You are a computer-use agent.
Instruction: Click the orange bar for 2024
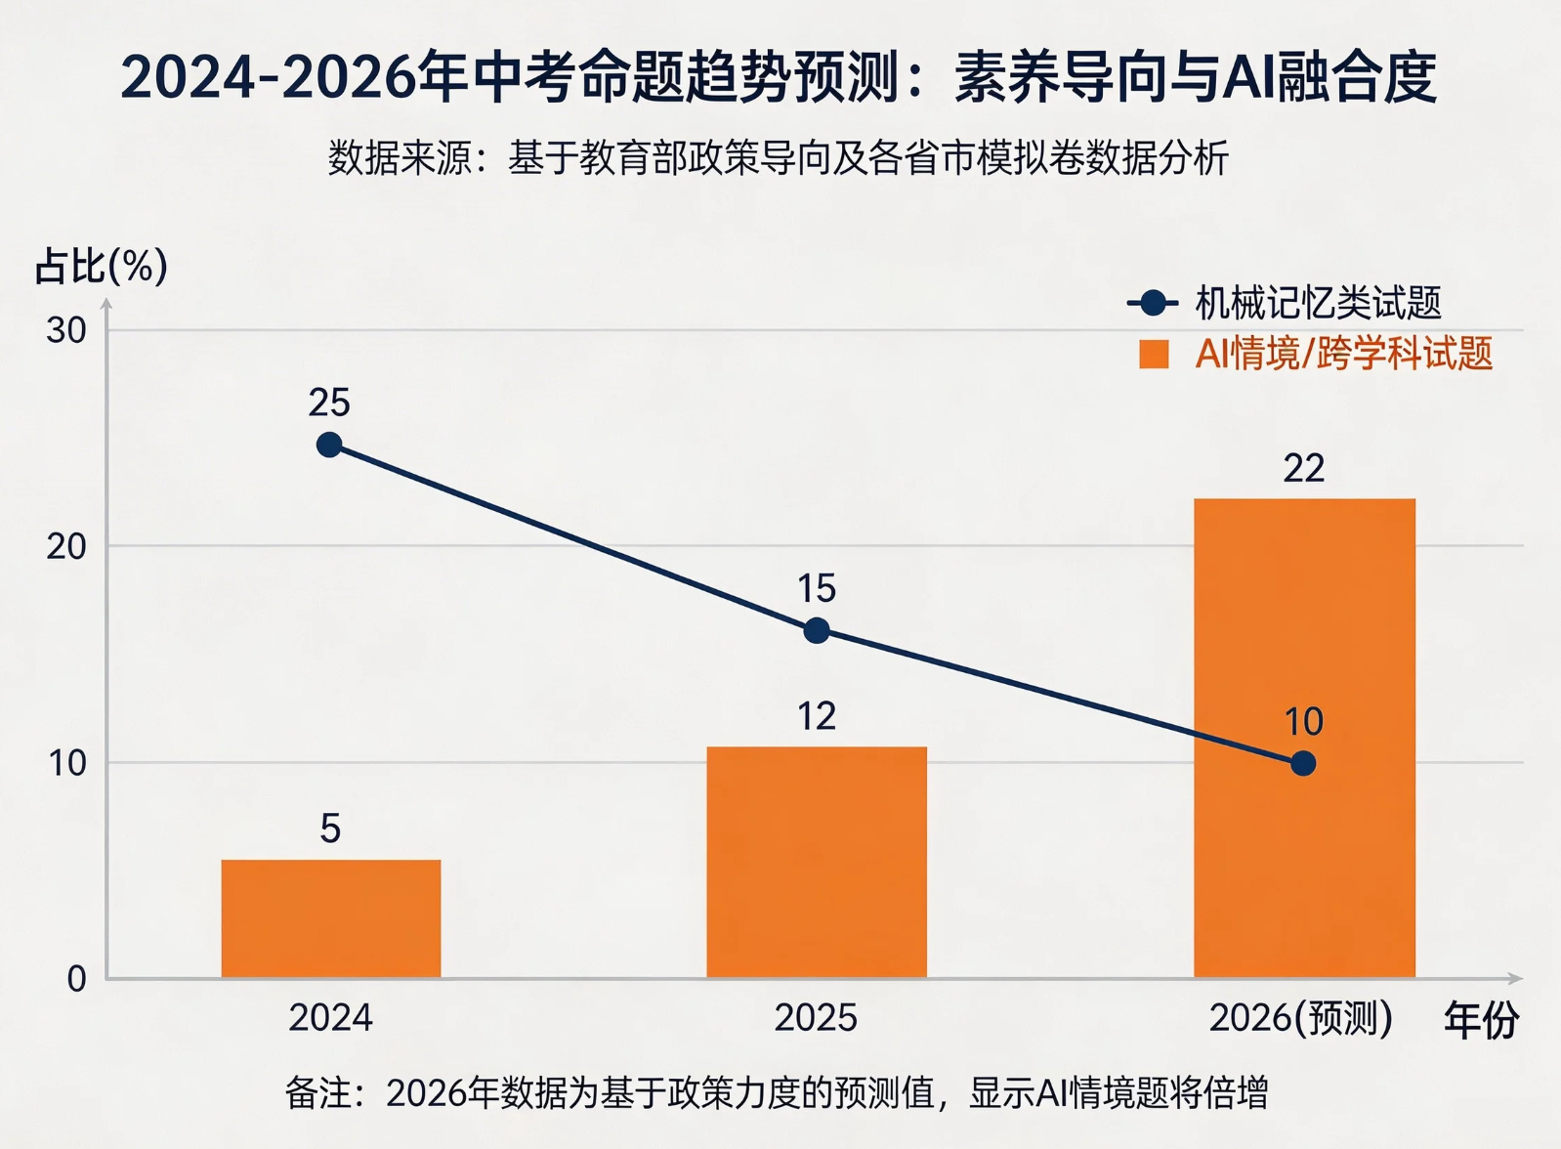pyautogui.click(x=330, y=918)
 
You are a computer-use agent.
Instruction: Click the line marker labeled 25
pyautogui.click(x=329, y=446)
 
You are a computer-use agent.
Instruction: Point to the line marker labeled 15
pyautogui.click(x=817, y=630)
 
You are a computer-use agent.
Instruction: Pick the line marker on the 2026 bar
pyautogui.click(x=1302, y=763)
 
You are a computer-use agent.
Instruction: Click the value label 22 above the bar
pyautogui.click(x=1303, y=469)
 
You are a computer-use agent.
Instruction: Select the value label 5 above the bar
pyautogui.click(x=330, y=829)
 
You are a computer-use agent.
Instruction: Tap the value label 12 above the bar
pyautogui.click(x=817, y=716)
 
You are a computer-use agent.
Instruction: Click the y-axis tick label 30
pyautogui.click(x=66, y=330)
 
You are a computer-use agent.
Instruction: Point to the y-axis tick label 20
pyautogui.click(x=66, y=546)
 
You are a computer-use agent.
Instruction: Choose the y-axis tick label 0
pyautogui.click(x=76, y=978)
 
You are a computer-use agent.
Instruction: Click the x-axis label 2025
pyautogui.click(x=816, y=1018)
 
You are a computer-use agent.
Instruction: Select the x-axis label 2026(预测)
pyautogui.click(x=1300, y=1018)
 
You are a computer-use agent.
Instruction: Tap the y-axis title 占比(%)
pyautogui.click(x=101, y=266)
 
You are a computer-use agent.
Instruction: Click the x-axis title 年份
pyautogui.click(x=1481, y=1020)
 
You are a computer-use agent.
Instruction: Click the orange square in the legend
pyautogui.click(x=1154, y=354)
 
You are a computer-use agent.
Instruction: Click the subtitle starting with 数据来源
pyautogui.click(x=779, y=157)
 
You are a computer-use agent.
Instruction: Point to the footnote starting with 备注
pyautogui.click(x=777, y=1092)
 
